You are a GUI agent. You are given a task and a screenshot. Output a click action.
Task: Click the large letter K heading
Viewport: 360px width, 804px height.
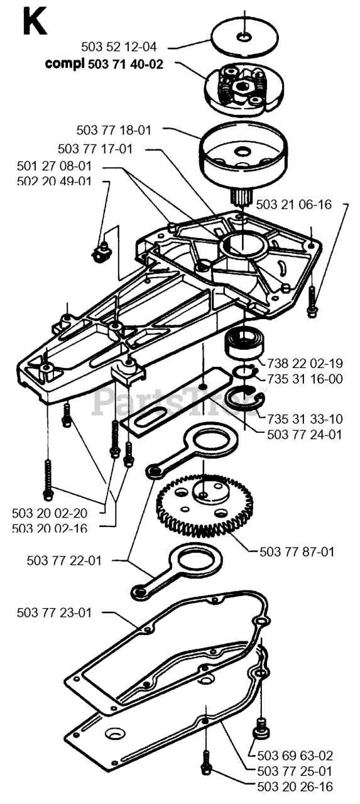[x=35, y=21]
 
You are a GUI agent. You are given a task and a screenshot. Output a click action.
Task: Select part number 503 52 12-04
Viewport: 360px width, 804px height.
[x=119, y=46]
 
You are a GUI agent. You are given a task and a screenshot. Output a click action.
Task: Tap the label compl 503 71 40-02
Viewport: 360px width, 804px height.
[x=104, y=64]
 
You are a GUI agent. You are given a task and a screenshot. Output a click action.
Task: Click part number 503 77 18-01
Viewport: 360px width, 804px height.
[x=114, y=130]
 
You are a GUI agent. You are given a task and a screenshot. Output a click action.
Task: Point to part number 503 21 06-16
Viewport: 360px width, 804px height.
[x=294, y=205]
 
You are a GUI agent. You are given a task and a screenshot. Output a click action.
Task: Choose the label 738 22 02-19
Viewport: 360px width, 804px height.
[x=305, y=363]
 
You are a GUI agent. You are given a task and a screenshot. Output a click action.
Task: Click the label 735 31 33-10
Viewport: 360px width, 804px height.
[x=305, y=418]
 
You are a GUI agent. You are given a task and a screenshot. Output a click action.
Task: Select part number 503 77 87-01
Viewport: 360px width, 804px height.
[x=297, y=551]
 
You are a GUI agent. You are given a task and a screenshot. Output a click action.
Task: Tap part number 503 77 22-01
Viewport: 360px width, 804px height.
[x=64, y=560]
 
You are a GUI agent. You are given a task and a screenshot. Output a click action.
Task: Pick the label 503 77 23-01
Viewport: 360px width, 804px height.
[x=54, y=612]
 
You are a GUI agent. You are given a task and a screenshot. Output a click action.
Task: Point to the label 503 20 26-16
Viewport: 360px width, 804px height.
[x=295, y=786]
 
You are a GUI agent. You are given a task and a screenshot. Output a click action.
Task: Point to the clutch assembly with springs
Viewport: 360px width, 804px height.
[x=244, y=92]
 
